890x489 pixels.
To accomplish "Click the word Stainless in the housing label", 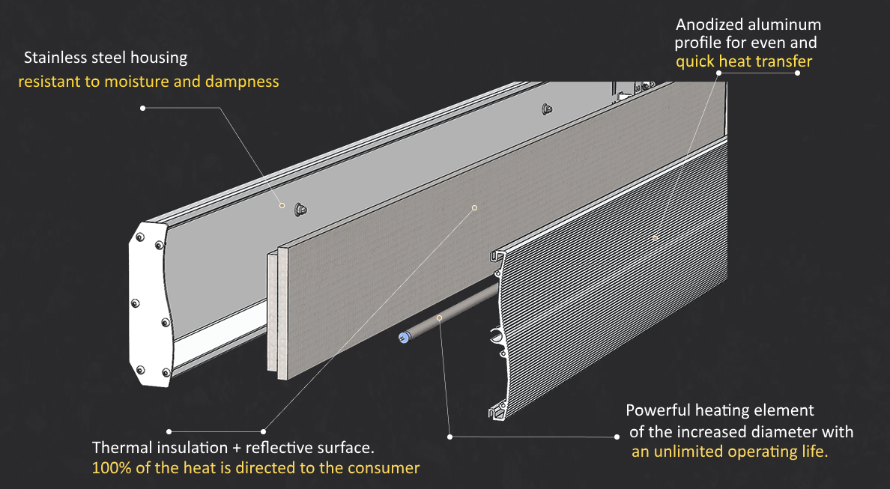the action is (x=54, y=58).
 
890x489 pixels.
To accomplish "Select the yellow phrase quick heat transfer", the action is (x=743, y=61).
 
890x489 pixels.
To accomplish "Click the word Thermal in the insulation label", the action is (x=121, y=448).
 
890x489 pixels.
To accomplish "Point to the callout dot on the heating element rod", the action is (x=440, y=318).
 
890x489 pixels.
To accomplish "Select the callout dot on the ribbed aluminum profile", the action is (x=654, y=238).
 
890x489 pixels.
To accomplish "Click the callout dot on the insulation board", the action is (x=474, y=206).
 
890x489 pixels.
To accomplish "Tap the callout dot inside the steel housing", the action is (x=282, y=205).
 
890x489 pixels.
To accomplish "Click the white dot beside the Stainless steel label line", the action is (x=142, y=108).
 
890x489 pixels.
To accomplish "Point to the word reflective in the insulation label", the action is (x=277, y=448).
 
